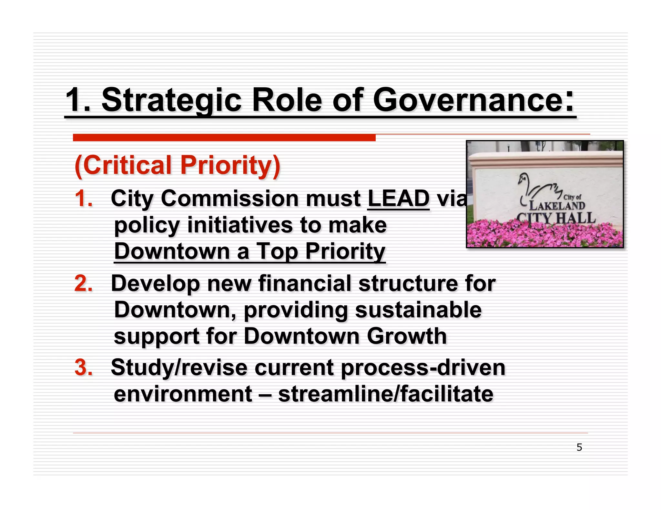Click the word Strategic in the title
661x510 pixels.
pyautogui.click(x=171, y=100)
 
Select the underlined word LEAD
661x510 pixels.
pyautogui.click(x=398, y=198)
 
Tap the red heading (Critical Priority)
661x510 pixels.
pyautogui.click(x=177, y=165)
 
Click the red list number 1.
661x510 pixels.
pyautogui.click(x=83, y=198)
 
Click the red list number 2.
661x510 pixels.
pyautogui.click(x=83, y=283)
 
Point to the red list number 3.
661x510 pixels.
pyautogui.click(x=83, y=367)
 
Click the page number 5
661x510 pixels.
pyautogui.click(x=579, y=447)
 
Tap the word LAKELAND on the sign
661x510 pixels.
pyautogui.click(x=557, y=205)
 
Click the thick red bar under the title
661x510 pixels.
pyautogui.click(x=224, y=138)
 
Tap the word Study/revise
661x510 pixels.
pyautogui.click(x=179, y=368)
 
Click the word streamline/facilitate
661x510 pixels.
pyautogui.click(x=385, y=394)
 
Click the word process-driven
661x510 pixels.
pyautogui.click(x=423, y=368)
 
